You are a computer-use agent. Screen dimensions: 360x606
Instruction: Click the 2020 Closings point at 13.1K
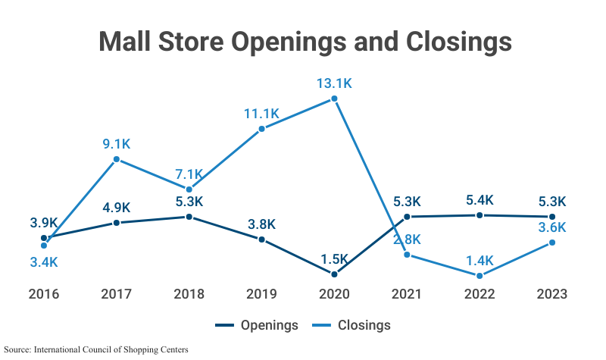[334, 99]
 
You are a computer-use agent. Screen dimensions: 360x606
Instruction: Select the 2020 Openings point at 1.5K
[334, 273]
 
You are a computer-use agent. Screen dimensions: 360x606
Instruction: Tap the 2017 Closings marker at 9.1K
[117, 159]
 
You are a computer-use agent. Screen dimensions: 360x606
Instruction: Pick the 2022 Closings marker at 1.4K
[479, 275]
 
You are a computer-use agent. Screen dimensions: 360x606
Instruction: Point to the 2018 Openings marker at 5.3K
[189, 217]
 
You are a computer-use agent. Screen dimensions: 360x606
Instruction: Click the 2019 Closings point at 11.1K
[261, 129]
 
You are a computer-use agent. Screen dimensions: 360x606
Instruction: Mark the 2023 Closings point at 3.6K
[552, 243]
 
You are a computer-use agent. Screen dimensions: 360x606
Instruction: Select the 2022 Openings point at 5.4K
[479, 215]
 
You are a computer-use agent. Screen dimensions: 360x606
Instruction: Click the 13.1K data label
[334, 83]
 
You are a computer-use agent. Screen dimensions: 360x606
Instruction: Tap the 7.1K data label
[189, 174]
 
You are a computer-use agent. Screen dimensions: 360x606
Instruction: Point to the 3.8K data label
[261, 224]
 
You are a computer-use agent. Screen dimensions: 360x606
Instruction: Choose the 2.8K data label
[407, 239]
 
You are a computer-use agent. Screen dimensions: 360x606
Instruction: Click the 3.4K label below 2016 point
[44, 261]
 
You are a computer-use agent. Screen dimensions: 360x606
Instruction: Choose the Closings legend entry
[355, 325]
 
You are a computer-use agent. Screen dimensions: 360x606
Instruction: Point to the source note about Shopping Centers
[96, 349]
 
